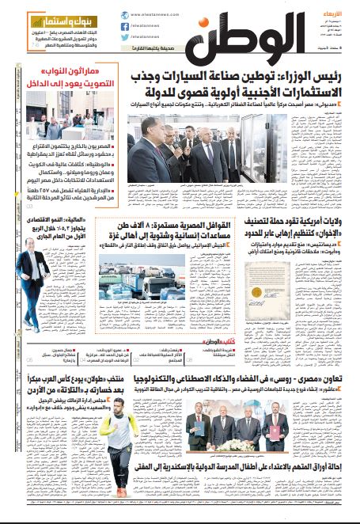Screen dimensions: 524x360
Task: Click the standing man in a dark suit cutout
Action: pyautogui.click(x=28, y=277)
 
